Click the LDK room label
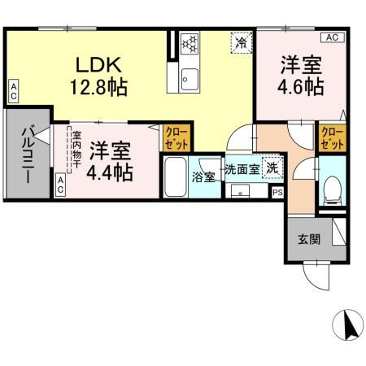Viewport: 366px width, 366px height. click(99, 64)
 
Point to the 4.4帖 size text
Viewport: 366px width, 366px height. click(111, 172)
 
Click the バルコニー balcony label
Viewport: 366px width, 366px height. click(27, 155)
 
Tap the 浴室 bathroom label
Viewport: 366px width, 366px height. click(203, 176)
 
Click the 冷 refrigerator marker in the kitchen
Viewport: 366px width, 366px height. click(241, 41)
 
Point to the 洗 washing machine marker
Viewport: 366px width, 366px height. click(274, 169)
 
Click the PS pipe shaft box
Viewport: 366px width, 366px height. click(277, 193)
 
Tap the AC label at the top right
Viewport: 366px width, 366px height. click(333, 37)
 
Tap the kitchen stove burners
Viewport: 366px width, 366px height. click(190, 42)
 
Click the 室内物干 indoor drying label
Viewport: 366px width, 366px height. click(76, 150)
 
